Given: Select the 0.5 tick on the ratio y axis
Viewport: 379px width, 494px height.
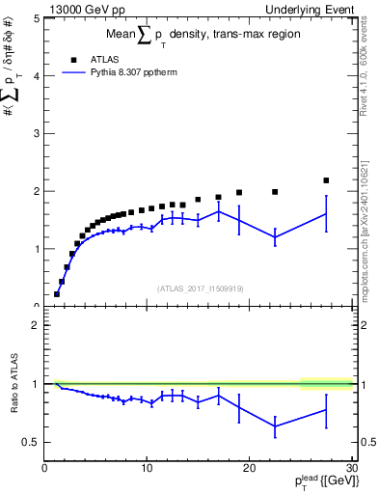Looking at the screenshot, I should coord(34,442).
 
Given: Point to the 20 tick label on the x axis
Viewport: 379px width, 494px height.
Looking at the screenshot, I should coord(249,470).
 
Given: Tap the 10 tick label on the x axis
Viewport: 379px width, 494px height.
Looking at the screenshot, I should coord(147,470).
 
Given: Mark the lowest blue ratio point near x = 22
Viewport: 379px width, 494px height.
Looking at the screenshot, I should coord(275,425).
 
